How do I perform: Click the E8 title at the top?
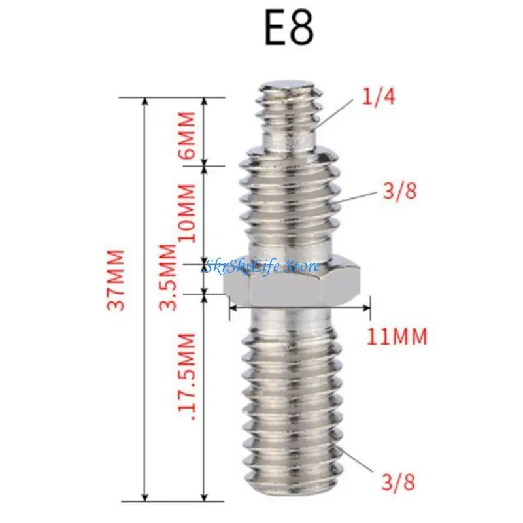click(x=289, y=29)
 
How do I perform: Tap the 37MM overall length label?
click(x=117, y=280)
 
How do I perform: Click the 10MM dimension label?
click(x=186, y=213)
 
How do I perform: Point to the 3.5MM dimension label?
click(x=167, y=277)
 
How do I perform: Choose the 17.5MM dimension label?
click(x=186, y=377)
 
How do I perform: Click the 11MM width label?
click(x=397, y=336)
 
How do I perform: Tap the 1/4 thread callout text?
click(x=379, y=97)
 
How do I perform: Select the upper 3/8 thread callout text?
click(x=399, y=192)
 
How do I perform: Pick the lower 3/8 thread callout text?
click(x=399, y=482)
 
